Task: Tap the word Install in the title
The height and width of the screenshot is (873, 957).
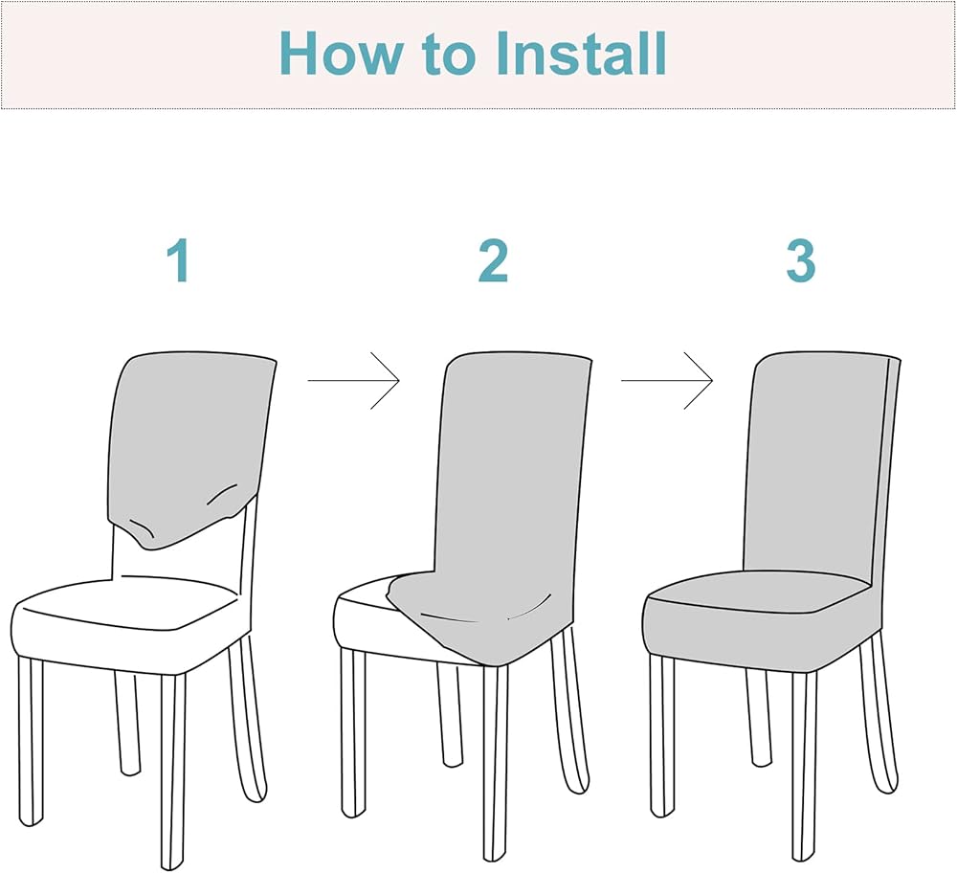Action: click(583, 54)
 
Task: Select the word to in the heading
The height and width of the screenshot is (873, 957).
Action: click(448, 56)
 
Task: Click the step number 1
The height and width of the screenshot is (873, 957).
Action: click(178, 261)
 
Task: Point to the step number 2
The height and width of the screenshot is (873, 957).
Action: click(493, 261)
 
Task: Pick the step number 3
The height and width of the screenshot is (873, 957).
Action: click(800, 261)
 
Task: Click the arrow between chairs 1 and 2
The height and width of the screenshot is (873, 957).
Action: click(353, 381)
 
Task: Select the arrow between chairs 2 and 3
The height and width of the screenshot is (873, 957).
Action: click(667, 381)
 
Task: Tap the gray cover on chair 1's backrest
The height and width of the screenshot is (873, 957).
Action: click(187, 440)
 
